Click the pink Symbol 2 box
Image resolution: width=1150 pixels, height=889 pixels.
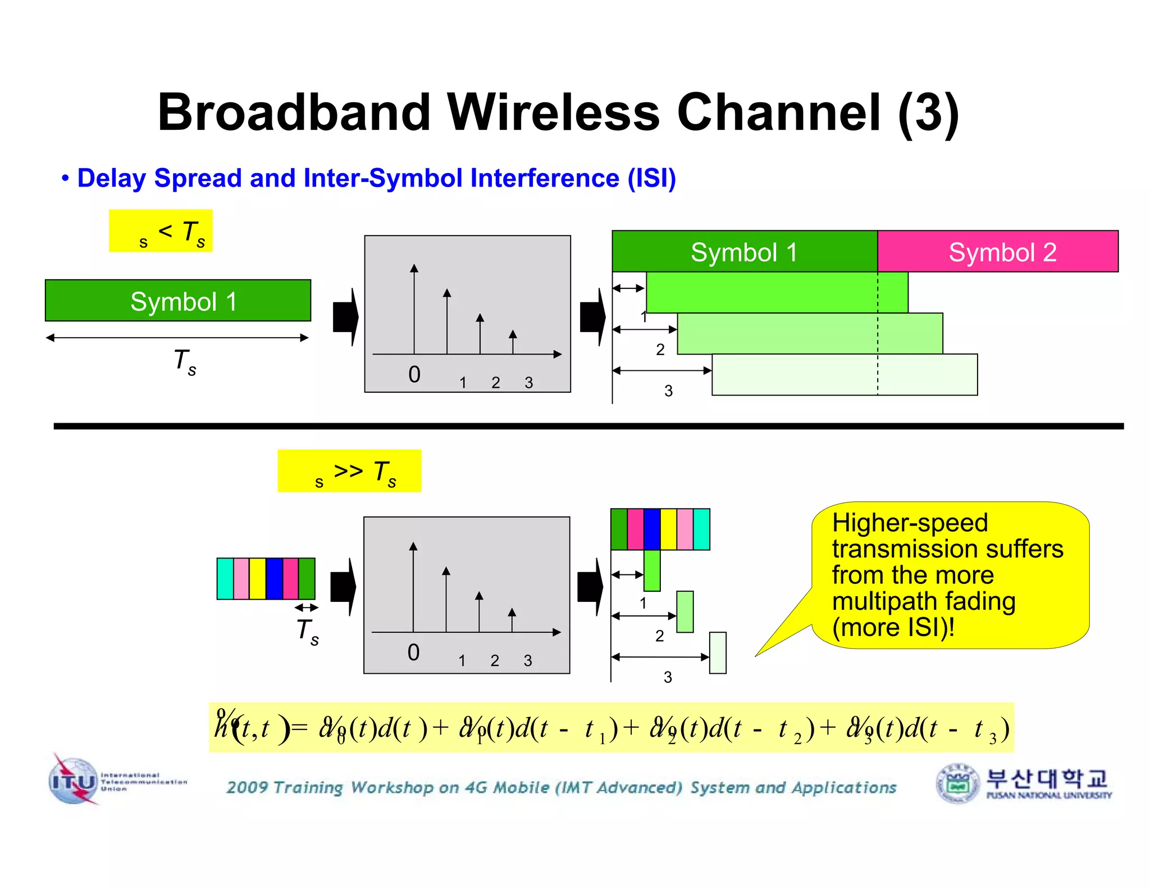click(997, 252)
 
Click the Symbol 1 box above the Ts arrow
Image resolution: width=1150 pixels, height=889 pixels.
click(178, 301)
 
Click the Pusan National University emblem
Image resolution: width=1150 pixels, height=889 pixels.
click(957, 783)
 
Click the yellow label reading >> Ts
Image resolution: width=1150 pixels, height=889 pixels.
click(349, 471)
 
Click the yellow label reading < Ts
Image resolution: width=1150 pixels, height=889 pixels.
click(161, 231)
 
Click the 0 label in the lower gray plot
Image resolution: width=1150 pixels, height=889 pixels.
click(413, 652)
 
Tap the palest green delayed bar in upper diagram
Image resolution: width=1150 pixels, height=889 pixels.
click(845, 375)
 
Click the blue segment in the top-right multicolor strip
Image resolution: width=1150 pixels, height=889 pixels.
click(652, 529)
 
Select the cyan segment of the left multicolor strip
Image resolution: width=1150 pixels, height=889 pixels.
click(225, 578)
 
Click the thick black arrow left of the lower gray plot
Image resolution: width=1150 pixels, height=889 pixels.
click(343, 587)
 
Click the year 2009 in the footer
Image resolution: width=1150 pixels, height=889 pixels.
click(247, 787)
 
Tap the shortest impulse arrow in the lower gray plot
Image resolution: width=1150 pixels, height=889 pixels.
click(512, 620)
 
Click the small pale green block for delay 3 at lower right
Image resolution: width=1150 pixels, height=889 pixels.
click(718, 652)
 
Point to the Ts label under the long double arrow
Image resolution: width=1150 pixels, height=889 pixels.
click(185, 361)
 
